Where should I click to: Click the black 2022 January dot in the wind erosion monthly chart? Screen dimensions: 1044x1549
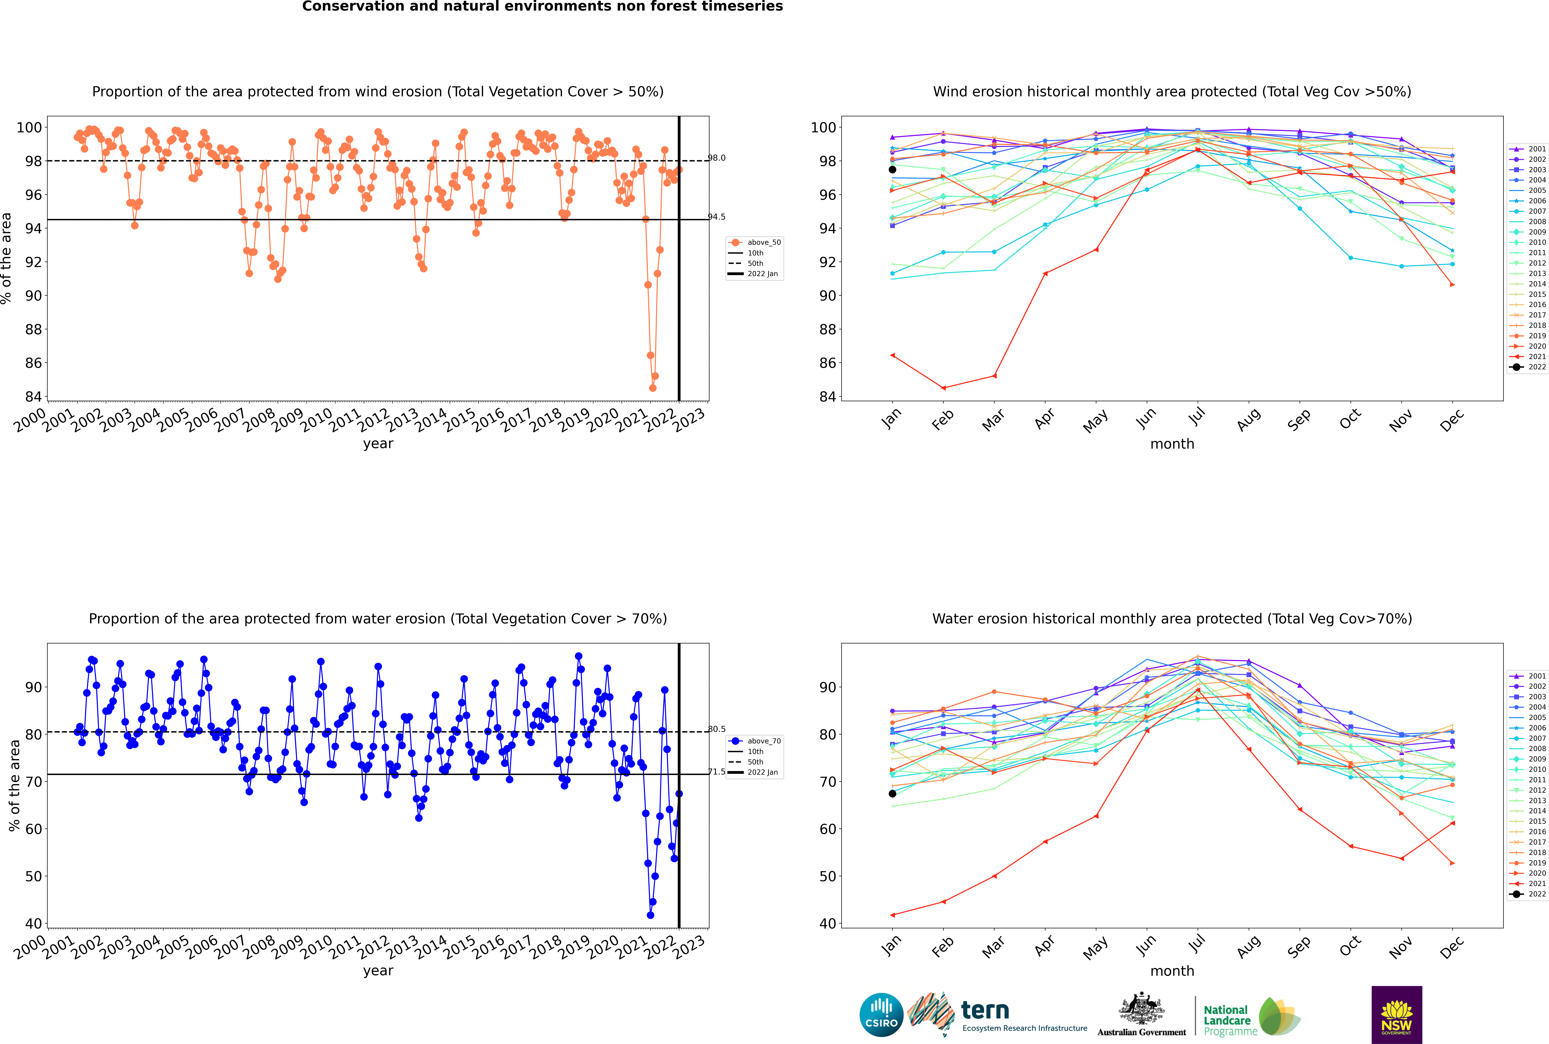[x=892, y=170]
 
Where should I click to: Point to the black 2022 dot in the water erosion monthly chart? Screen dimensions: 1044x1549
[x=892, y=794]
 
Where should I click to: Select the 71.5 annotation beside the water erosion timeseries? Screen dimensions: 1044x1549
[x=717, y=772]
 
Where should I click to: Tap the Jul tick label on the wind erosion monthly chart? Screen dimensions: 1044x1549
[x=1197, y=417]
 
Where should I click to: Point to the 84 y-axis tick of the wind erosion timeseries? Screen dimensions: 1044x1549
[x=33, y=397]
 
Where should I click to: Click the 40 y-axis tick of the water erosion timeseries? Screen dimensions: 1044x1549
[x=33, y=924]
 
